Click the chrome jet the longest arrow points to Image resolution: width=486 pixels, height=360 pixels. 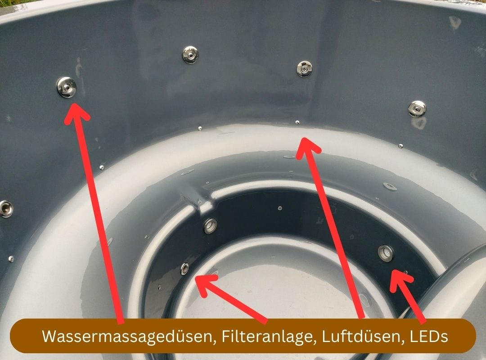tap(66, 86)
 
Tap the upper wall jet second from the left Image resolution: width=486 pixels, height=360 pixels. tap(190, 54)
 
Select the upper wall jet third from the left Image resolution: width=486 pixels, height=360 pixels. tap(305, 69)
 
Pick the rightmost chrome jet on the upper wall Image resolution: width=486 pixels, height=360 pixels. tap(417, 108)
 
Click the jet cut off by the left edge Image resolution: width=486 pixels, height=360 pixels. tap(5, 209)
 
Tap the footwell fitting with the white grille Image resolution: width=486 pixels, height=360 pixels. tap(386, 253)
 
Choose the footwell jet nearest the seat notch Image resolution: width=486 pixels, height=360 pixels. tap(210, 225)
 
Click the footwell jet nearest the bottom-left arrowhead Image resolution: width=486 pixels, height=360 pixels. tap(184, 269)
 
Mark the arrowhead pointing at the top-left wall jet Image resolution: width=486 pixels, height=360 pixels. tap(75, 110)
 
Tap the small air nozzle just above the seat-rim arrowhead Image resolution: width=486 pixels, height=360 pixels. tap(297, 122)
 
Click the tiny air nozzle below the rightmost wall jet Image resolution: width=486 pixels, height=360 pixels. tap(400, 145)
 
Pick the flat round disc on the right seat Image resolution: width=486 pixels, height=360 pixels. tap(390, 186)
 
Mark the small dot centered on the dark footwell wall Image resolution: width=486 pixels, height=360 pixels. tap(280, 208)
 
